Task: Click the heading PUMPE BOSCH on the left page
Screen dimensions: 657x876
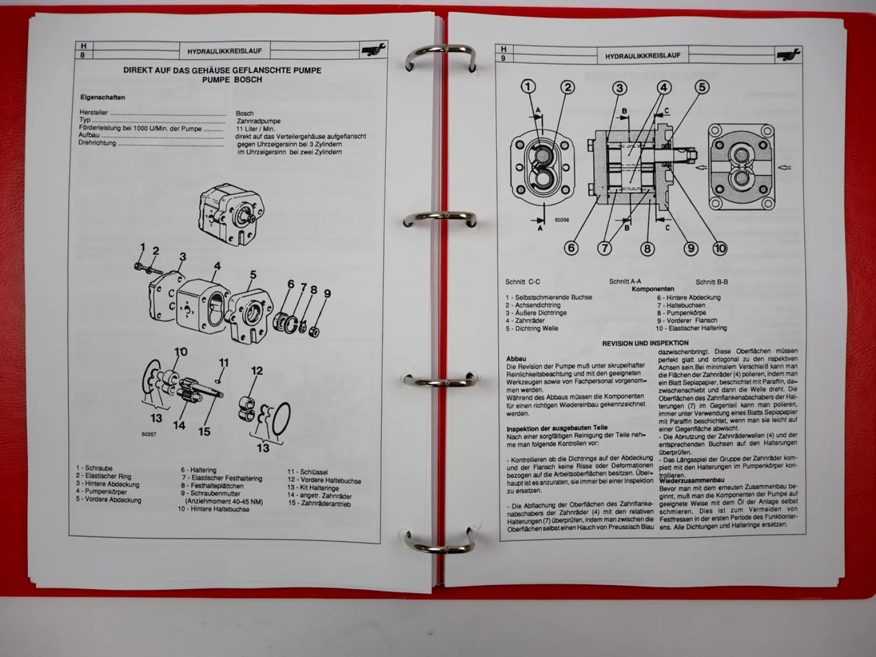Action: tap(232, 80)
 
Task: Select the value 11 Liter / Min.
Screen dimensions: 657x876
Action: tap(255, 129)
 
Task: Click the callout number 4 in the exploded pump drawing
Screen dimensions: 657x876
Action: tap(217, 266)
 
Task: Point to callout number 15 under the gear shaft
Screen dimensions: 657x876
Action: tap(204, 432)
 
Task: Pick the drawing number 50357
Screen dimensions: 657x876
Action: tap(149, 434)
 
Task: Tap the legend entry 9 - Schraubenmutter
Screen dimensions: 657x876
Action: tap(210, 493)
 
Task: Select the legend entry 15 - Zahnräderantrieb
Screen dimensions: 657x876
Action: tap(319, 503)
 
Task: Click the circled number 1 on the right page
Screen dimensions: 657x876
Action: tap(529, 87)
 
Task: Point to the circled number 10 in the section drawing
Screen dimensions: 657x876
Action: tap(719, 248)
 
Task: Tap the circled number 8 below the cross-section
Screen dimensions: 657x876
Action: tap(647, 249)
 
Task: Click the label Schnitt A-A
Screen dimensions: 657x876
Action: tap(625, 281)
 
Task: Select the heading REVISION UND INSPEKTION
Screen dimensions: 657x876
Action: tap(645, 343)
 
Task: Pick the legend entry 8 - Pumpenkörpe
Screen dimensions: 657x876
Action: tap(681, 313)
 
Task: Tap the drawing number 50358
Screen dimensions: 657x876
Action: tap(562, 220)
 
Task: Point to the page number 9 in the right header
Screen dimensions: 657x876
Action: tap(503, 58)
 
